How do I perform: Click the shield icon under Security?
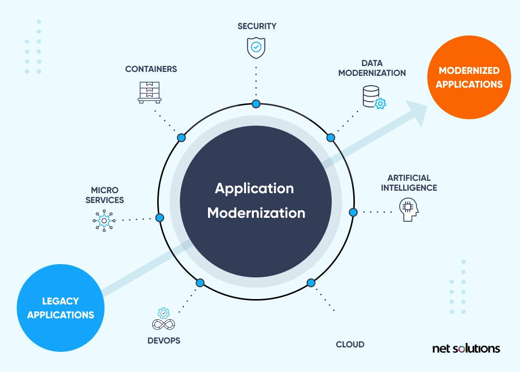coord(256,47)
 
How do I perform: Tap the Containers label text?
coord(151,69)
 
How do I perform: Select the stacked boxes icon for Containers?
coord(150,92)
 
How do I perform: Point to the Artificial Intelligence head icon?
coord(409,210)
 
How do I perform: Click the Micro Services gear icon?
coord(104,220)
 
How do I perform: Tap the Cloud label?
coord(350,344)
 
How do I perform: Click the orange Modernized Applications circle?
coord(469,77)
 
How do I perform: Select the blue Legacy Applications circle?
coord(61,307)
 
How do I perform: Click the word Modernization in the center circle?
coord(256,213)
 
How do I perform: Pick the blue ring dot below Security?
coord(256,103)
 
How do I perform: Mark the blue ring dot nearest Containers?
coord(181,137)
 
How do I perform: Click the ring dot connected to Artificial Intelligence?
coord(353,212)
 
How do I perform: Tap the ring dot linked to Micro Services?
coord(160,217)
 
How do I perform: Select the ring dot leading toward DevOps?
coord(200,283)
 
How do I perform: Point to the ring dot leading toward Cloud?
coord(311,283)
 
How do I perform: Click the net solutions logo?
coord(466,348)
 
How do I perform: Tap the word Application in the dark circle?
coord(254,188)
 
